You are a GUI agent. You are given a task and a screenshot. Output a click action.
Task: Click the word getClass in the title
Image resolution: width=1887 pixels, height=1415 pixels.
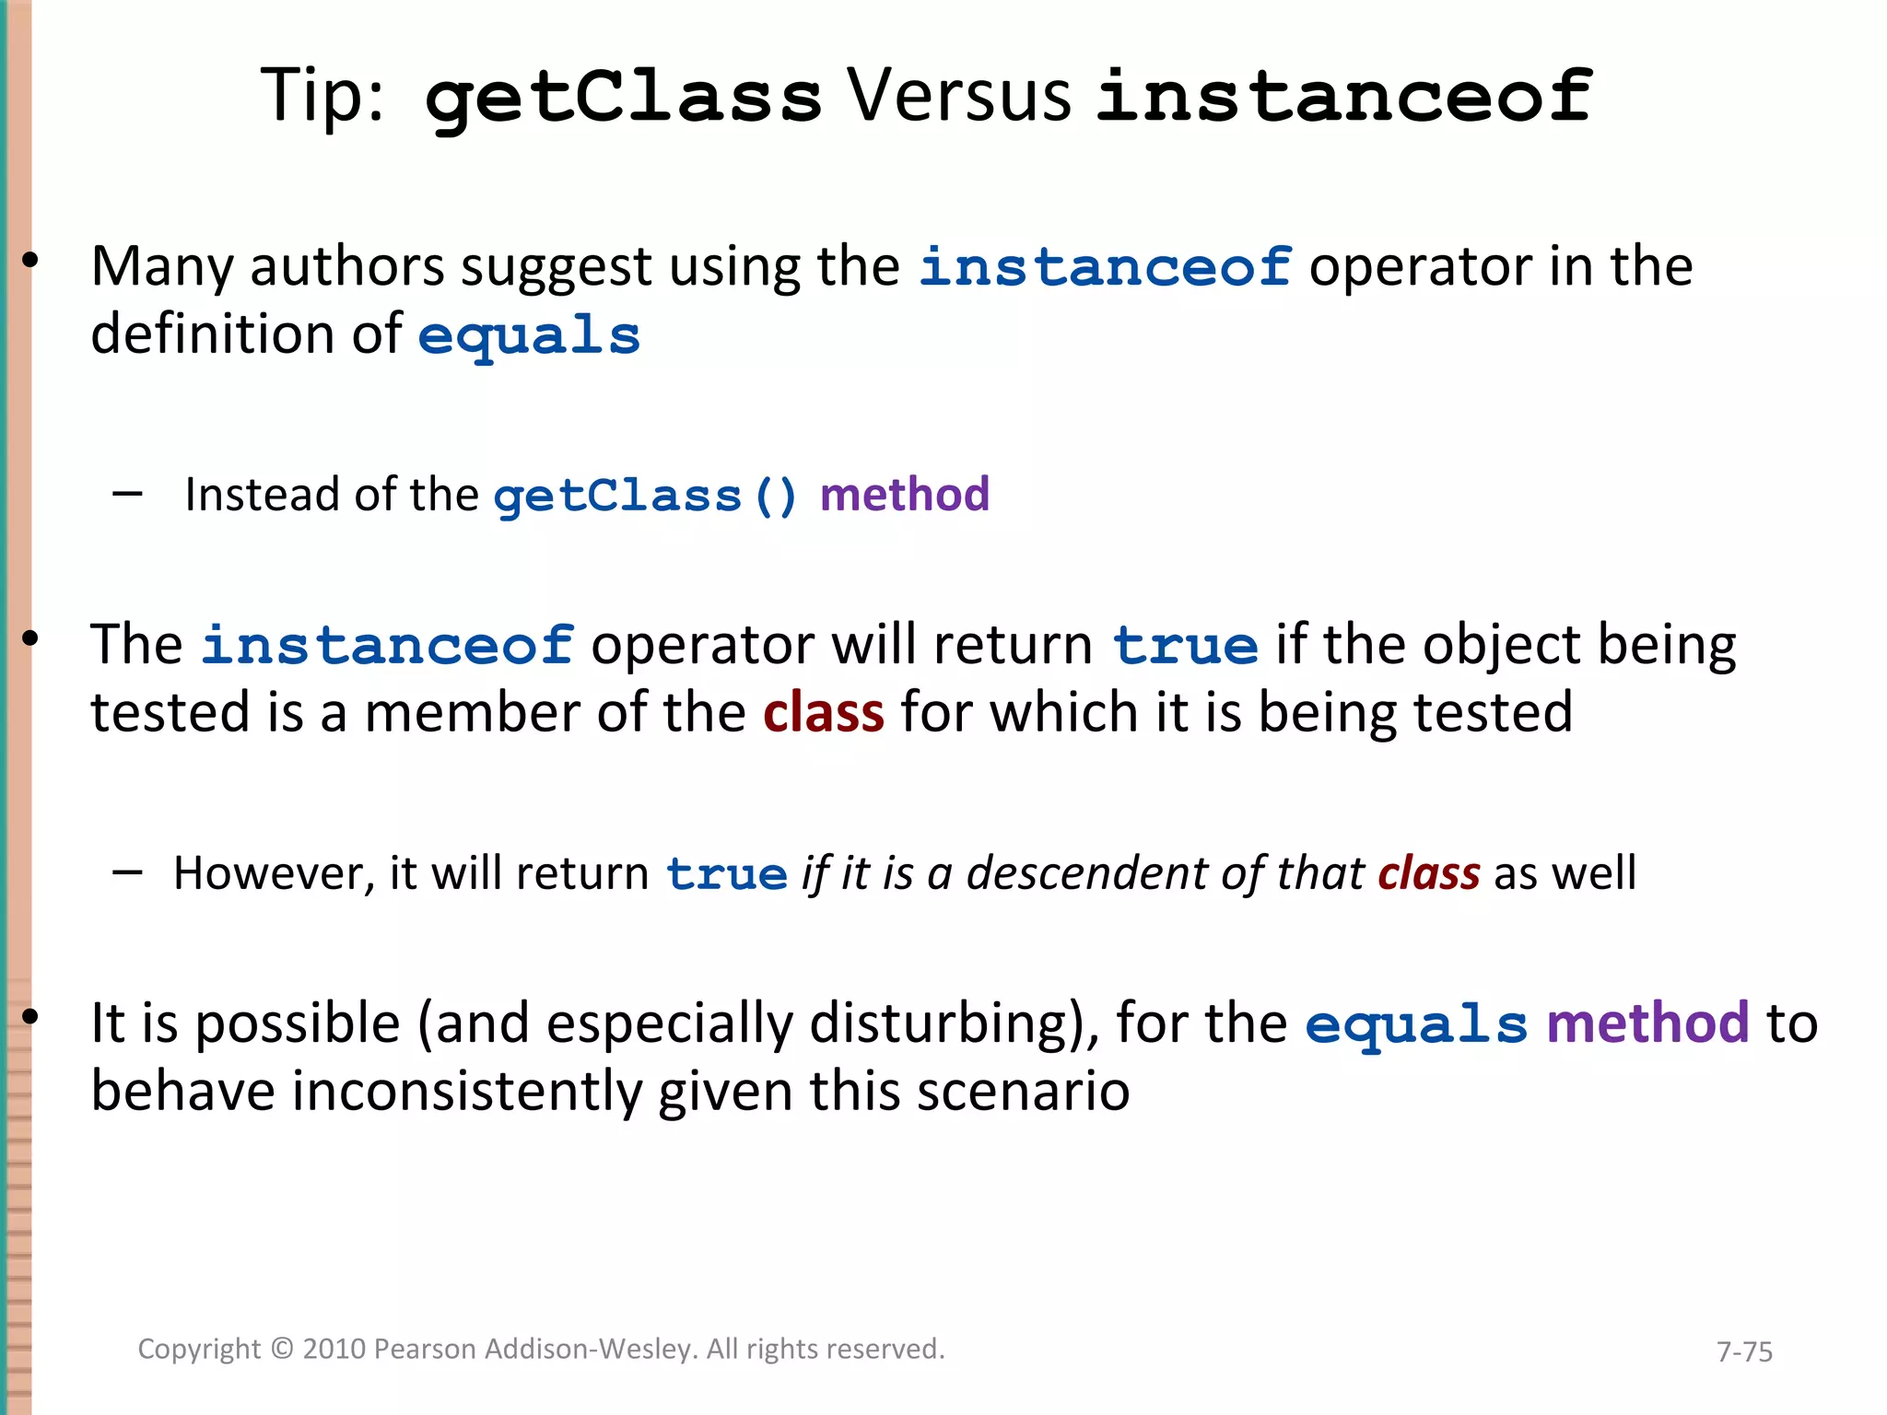(x=623, y=98)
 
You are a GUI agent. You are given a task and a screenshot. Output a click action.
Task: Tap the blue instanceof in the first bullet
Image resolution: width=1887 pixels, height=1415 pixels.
(x=1105, y=268)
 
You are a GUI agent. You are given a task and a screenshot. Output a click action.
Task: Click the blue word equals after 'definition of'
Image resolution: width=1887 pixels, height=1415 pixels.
(x=529, y=336)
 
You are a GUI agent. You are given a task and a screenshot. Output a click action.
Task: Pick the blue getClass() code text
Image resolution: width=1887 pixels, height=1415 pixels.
(x=645, y=497)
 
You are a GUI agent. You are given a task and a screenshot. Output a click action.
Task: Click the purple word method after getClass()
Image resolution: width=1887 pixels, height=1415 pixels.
(x=904, y=495)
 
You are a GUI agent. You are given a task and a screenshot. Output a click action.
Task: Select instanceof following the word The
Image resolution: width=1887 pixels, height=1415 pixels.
(x=388, y=645)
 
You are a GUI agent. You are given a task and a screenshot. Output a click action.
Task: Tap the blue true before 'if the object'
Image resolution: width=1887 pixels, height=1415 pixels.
(x=1185, y=645)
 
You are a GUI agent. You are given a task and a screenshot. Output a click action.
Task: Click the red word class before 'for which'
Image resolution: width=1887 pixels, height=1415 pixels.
(x=823, y=714)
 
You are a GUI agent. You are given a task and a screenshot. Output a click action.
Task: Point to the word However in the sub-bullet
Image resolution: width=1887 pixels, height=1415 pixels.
(x=274, y=873)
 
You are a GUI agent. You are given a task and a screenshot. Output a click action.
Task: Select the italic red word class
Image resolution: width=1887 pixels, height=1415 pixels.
(x=1428, y=873)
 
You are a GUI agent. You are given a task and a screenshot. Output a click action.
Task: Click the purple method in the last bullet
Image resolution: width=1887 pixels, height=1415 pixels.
(x=1647, y=1023)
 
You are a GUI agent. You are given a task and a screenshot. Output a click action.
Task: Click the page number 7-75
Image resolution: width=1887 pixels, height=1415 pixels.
(x=1744, y=1351)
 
